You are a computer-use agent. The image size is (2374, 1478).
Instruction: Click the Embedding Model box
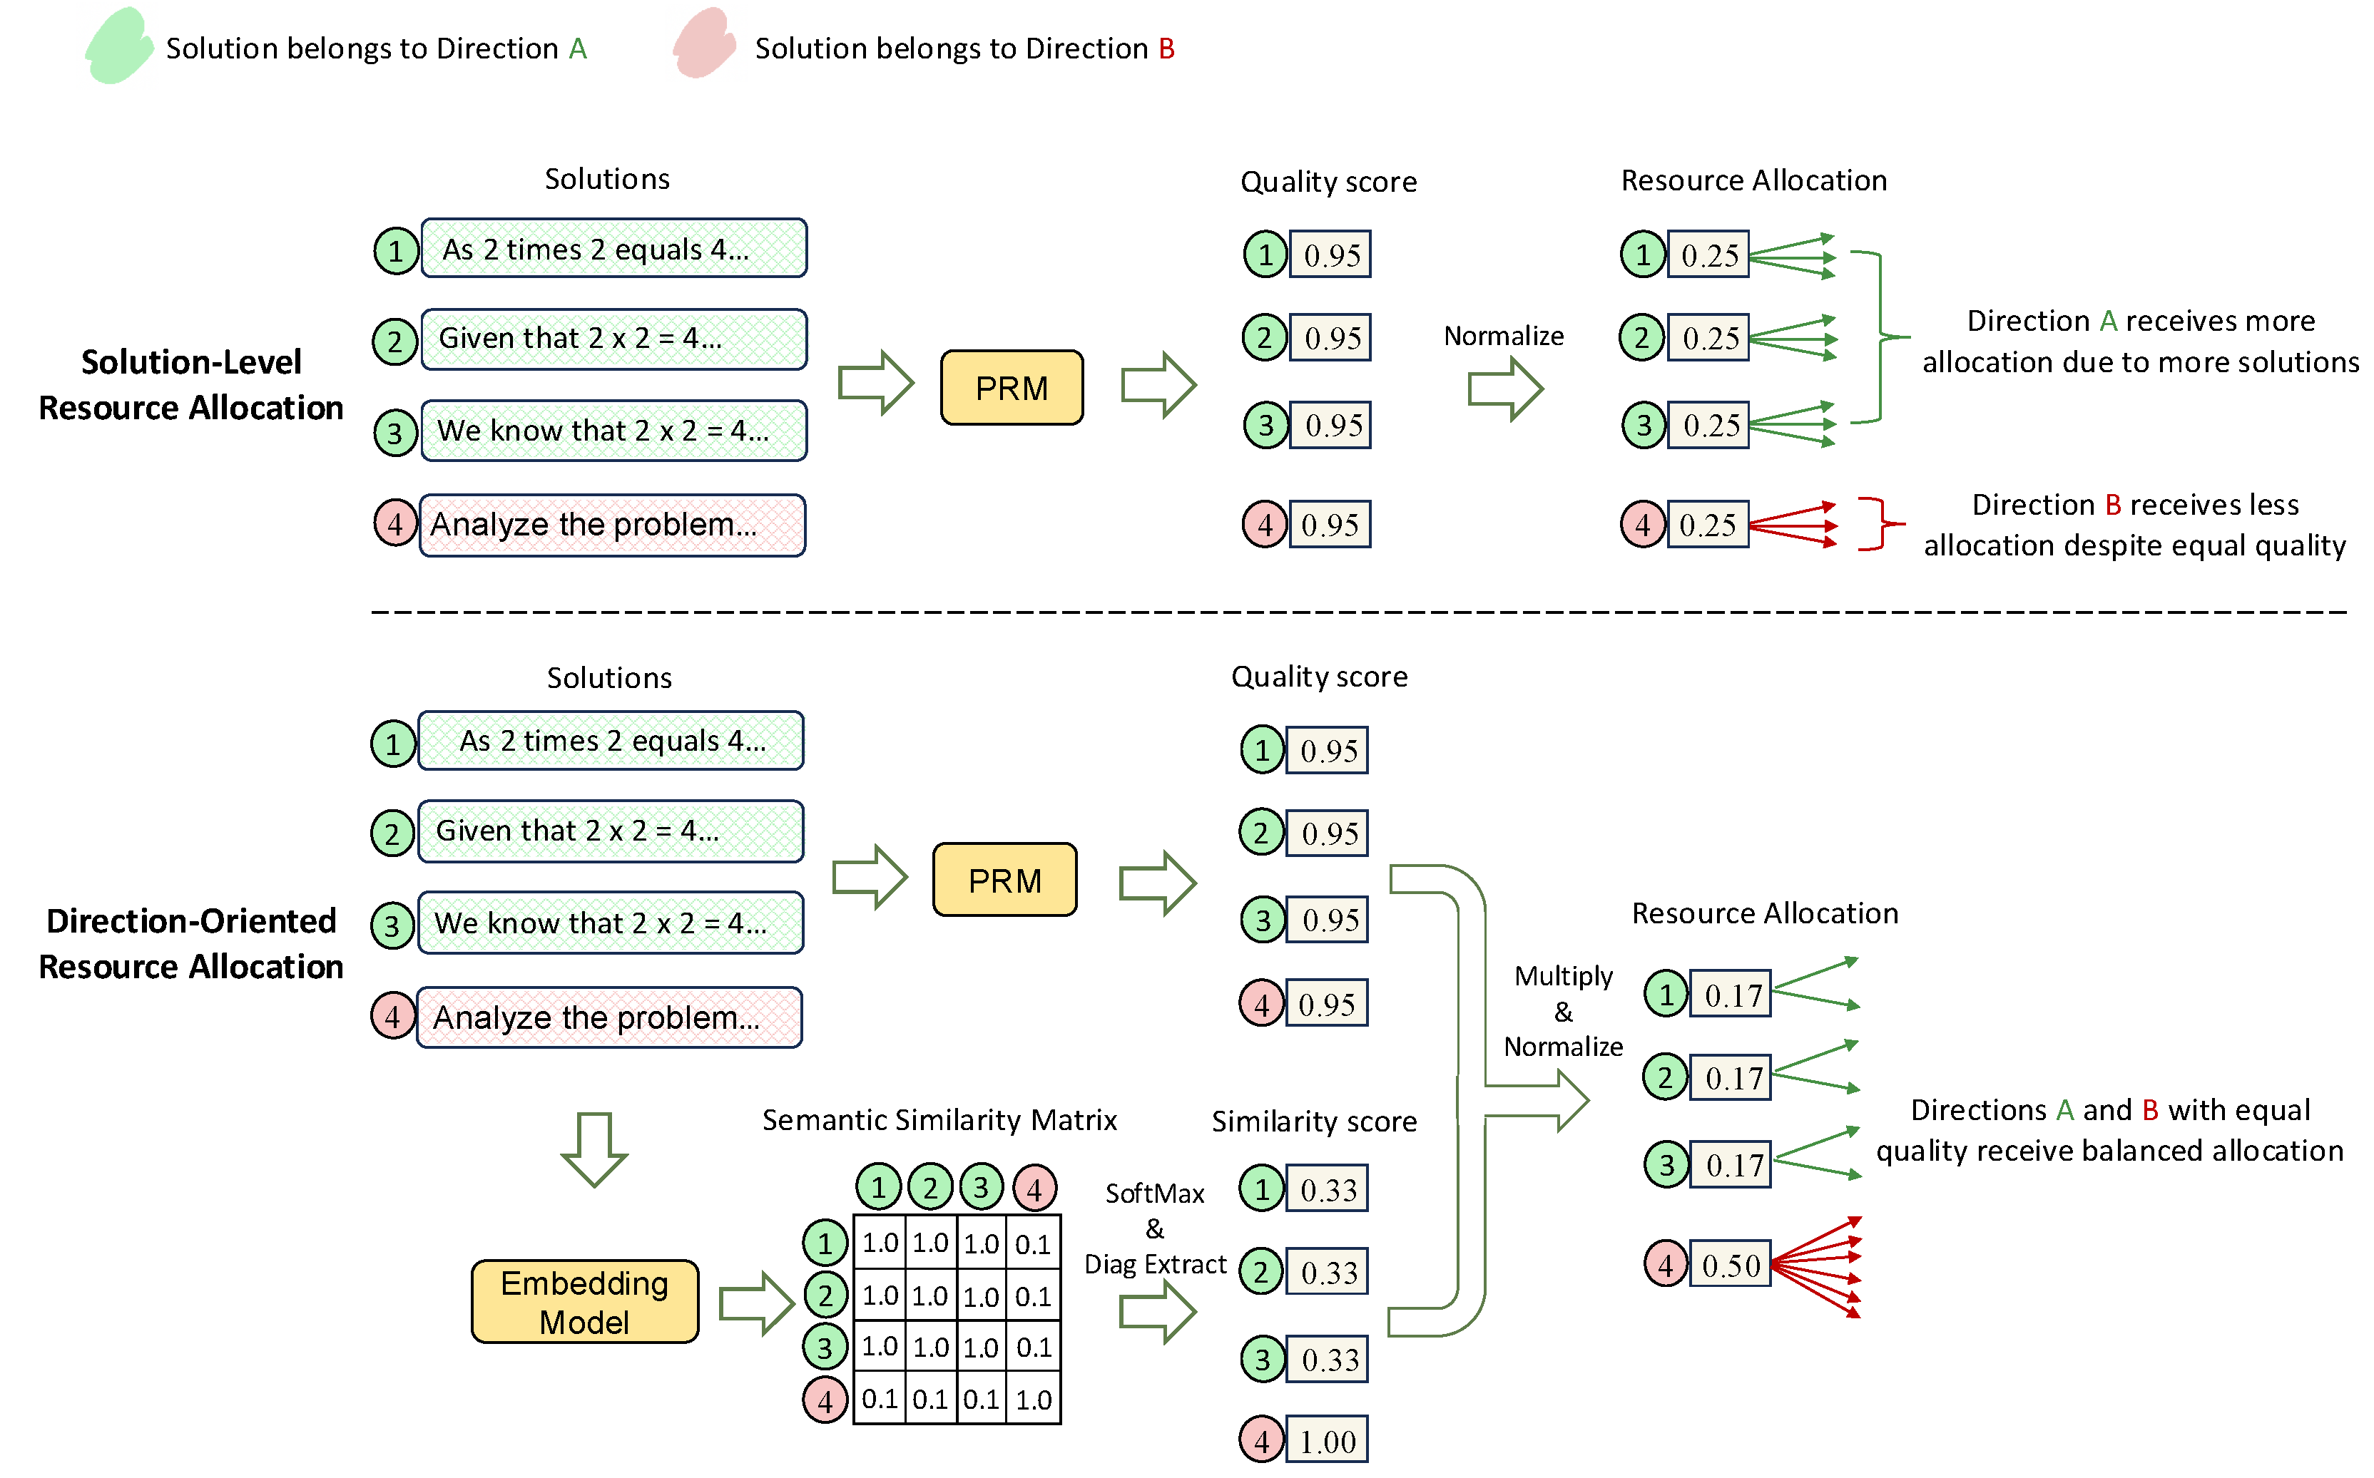[585, 1301]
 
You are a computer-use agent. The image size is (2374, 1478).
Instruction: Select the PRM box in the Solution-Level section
[1011, 388]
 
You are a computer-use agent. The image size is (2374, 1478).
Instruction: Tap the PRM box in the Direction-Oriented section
[1004, 880]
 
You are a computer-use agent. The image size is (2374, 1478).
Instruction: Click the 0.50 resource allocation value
[1730, 1265]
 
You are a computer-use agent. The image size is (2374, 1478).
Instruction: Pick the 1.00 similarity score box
[1326, 1441]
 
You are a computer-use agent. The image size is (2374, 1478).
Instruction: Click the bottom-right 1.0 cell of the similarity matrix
[1034, 1399]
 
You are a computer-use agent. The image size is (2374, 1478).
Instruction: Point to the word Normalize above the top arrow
[1503, 337]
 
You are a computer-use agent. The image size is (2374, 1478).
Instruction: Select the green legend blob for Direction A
[118, 46]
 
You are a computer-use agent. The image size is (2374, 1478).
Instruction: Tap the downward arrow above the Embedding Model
[593, 1149]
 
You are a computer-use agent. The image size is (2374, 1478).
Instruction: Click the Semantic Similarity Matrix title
[939, 1119]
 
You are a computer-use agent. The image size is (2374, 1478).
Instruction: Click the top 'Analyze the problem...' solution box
[612, 525]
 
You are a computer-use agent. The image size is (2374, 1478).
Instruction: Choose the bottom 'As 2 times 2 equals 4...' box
[611, 741]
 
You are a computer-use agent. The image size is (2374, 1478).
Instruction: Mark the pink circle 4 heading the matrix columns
[1034, 1188]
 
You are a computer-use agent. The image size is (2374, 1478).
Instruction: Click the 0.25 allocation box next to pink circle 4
[1707, 525]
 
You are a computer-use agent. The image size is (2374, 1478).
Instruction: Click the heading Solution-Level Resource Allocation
[190, 384]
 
